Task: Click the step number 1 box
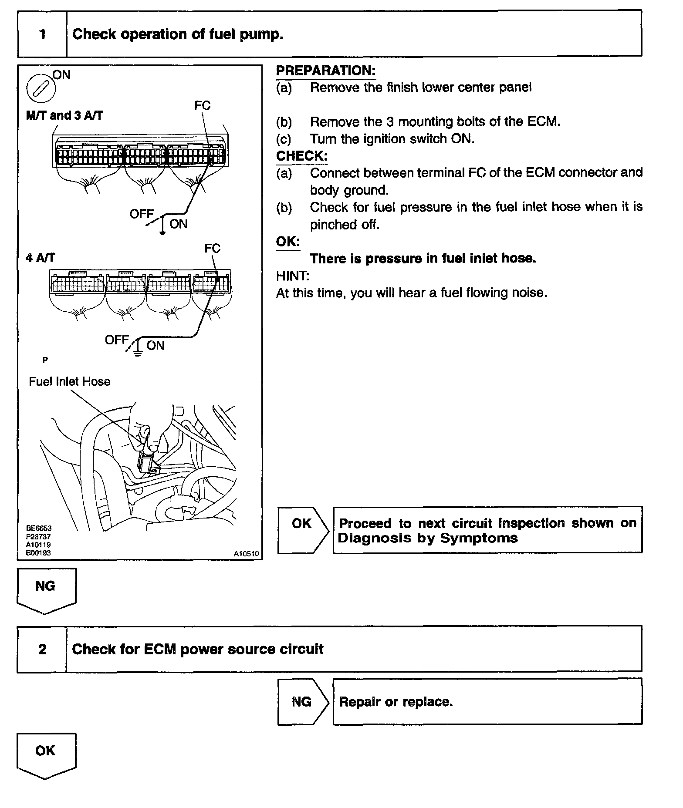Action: point(42,34)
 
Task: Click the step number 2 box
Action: point(42,649)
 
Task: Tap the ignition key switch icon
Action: point(41,89)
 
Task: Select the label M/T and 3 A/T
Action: point(64,116)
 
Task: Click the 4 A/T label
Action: point(41,258)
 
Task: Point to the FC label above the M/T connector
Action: point(202,105)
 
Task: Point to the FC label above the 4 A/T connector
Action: point(212,248)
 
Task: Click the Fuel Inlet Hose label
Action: point(69,381)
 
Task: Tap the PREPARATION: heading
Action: point(326,71)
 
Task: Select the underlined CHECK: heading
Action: point(302,156)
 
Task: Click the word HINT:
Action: point(293,276)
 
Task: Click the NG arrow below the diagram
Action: point(46,589)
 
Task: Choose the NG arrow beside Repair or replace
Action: point(302,701)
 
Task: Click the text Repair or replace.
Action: point(396,702)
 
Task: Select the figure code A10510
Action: point(246,553)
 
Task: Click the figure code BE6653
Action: point(38,528)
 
